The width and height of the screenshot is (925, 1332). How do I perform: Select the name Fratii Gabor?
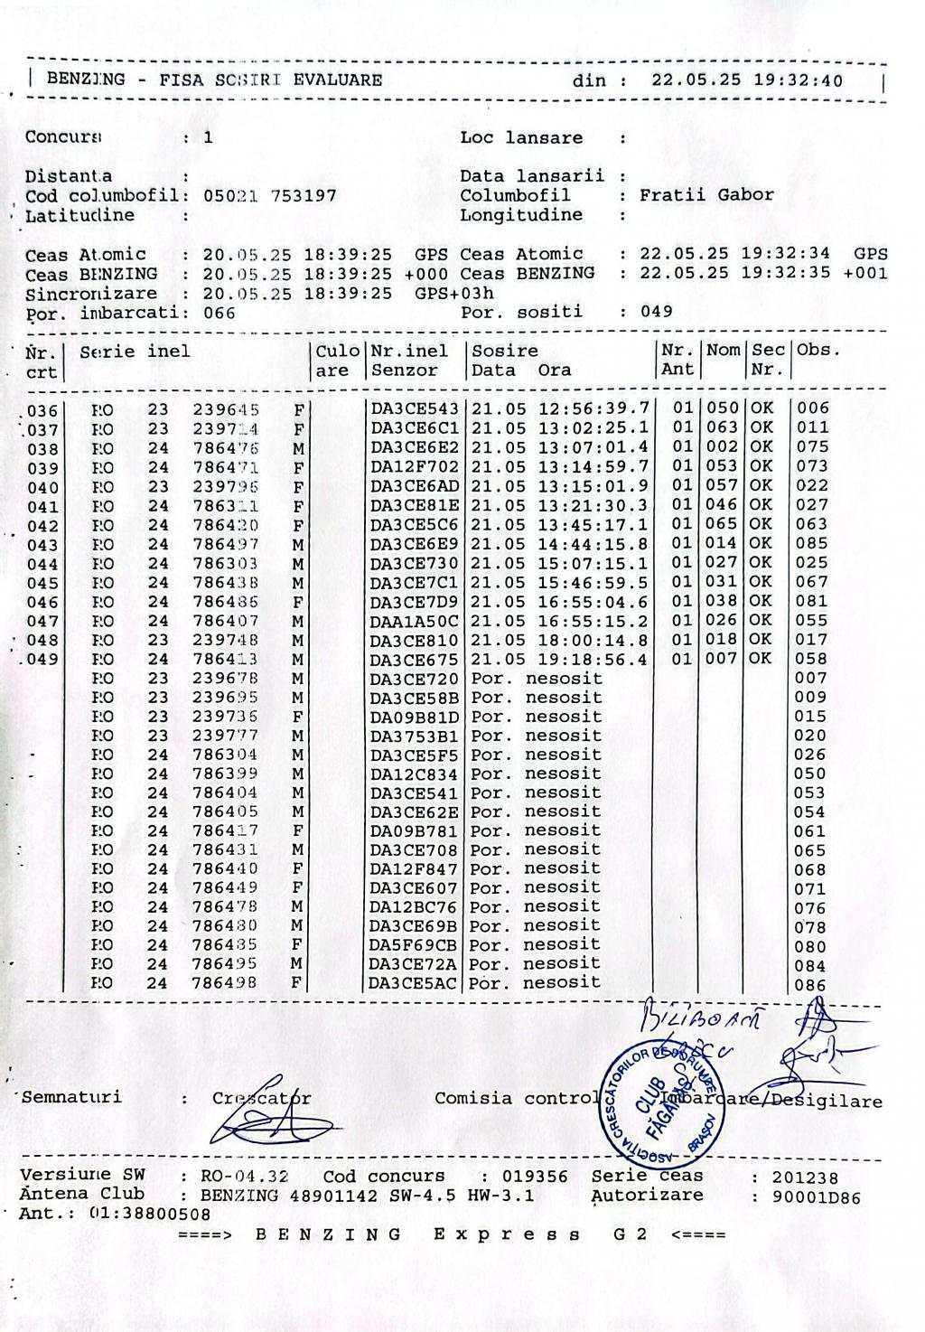tap(706, 195)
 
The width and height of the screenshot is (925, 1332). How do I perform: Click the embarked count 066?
tap(219, 314)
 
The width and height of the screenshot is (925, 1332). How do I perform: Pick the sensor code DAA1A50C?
tap(415, 621)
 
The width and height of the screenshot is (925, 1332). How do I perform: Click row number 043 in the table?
tap(42, 545)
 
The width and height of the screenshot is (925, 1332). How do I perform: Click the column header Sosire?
tap(506, 351)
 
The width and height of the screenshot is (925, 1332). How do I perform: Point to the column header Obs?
tap(818, 351)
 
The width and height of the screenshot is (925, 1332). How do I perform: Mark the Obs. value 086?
tap(810, 985)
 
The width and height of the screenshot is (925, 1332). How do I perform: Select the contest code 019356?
tap(536, 1177)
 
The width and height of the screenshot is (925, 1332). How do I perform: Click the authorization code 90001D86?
tap(816, 1198)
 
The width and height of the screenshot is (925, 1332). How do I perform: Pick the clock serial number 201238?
tap(804, 1177)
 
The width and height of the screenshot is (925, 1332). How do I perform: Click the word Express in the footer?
tap(508, 1234)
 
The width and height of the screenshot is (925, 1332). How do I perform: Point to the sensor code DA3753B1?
tap(415, 736)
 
